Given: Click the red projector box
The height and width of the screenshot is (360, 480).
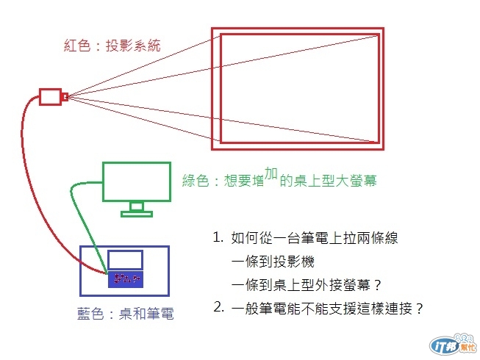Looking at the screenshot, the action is pos(51,96).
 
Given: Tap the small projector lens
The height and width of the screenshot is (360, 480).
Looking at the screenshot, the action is pos(65,96).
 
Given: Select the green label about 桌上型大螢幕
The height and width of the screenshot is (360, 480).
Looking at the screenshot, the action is pos(283,179).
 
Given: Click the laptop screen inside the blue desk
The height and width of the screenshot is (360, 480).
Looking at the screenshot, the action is pos(125,259).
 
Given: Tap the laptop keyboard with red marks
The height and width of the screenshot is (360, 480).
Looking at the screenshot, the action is pos(125,279).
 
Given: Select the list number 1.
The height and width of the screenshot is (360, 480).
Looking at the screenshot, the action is pos(218,238).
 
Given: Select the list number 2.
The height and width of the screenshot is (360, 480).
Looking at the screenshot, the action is pos(218,307).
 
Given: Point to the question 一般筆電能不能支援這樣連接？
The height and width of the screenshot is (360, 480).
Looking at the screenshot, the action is pos(328,309).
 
